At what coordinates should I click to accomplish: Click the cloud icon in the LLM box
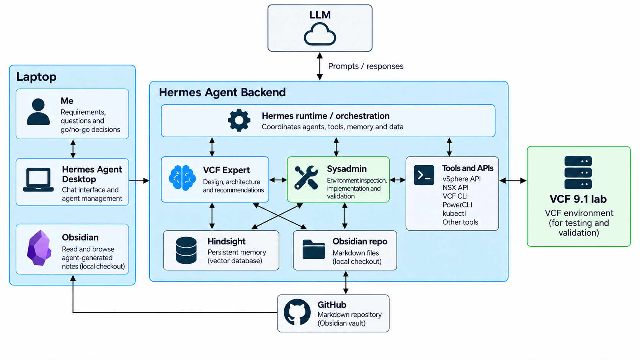[320, 34]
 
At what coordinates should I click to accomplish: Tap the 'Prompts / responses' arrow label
[366, 66]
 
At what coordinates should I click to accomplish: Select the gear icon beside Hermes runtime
[239, 120]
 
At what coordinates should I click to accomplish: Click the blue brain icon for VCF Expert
[182, 178]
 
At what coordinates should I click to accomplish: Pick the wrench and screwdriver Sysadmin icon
[306, 178]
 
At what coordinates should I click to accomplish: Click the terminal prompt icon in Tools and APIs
[424, 175]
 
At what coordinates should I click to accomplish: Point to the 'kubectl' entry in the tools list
[454, 213]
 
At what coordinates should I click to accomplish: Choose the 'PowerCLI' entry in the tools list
[457, 205]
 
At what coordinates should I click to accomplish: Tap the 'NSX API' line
[456, 187]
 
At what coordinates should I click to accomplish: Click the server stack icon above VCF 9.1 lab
[578, 173]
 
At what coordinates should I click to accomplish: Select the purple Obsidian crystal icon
[39, 248]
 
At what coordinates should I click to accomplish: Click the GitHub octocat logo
[297, 312]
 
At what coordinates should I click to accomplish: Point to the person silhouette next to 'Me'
[38, 112]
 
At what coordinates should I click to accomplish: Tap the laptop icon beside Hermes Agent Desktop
[38, 179]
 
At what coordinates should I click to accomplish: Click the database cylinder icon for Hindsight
[186, 250]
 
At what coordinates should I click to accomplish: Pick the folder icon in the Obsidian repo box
[314, 249]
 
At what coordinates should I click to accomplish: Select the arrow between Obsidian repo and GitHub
[346, 282]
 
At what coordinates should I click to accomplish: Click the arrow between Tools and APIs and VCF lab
[513, 181]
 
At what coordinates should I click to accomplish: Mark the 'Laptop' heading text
[36, 77]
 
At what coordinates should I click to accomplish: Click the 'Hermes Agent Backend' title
[222, 92]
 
